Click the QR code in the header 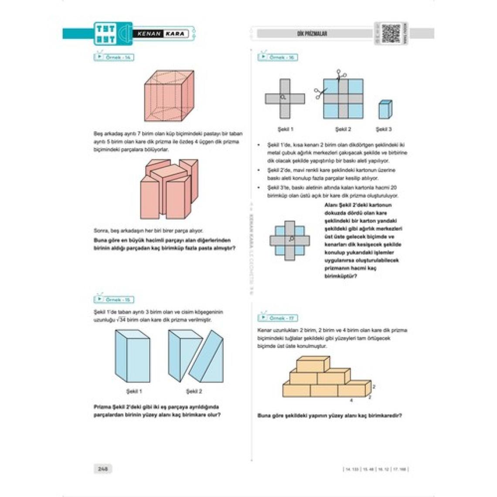[x=391, y=34]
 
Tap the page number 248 [x=103, y=469]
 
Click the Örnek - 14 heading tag [x=114, y=58]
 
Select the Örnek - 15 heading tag [x=114, y=300]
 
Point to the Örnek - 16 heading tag [x=278, y=58]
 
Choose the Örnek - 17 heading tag [x=278, y=318]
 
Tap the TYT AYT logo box [x=106, y=34]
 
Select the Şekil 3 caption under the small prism [x=384, y=129]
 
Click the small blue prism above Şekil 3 [x=385, y=109]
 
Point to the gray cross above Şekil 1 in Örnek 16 [x=285, y=99]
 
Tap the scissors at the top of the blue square [x=341, y=74]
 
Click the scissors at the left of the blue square [x=320, y=92]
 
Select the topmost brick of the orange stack [x=313, y=364]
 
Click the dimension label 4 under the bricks [x=351, y=400]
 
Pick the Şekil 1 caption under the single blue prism [x=134, y=391]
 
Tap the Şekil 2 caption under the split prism [x=194, y=391]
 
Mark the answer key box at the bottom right [x=376, y=469]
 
